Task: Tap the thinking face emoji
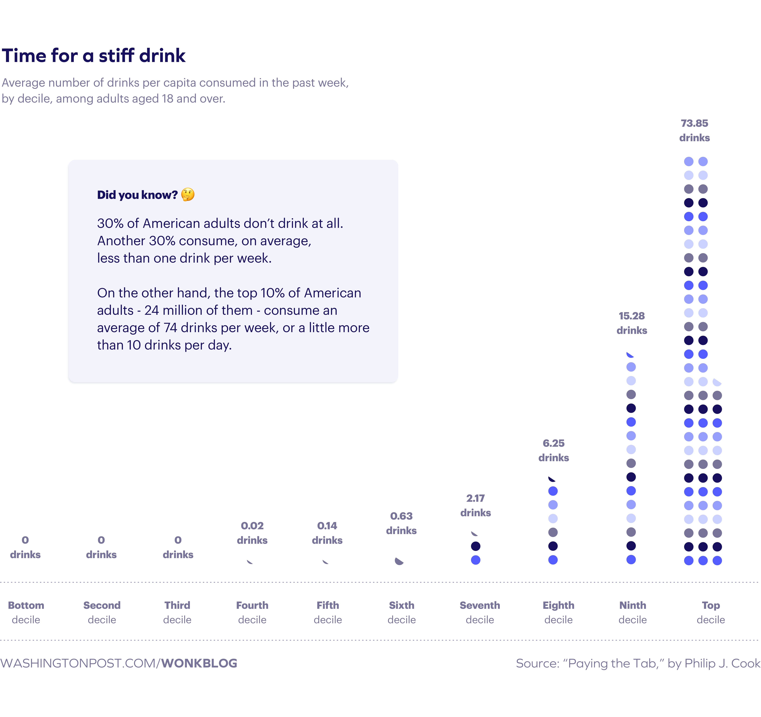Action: (x=188, y=195)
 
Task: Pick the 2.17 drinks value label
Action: (x=475, y=505)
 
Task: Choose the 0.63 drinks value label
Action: (x=401, y=523)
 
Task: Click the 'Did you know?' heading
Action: (x=137, y=195)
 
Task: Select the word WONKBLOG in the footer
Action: (x=199, y=663)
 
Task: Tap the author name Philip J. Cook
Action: (x=722, y=663)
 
